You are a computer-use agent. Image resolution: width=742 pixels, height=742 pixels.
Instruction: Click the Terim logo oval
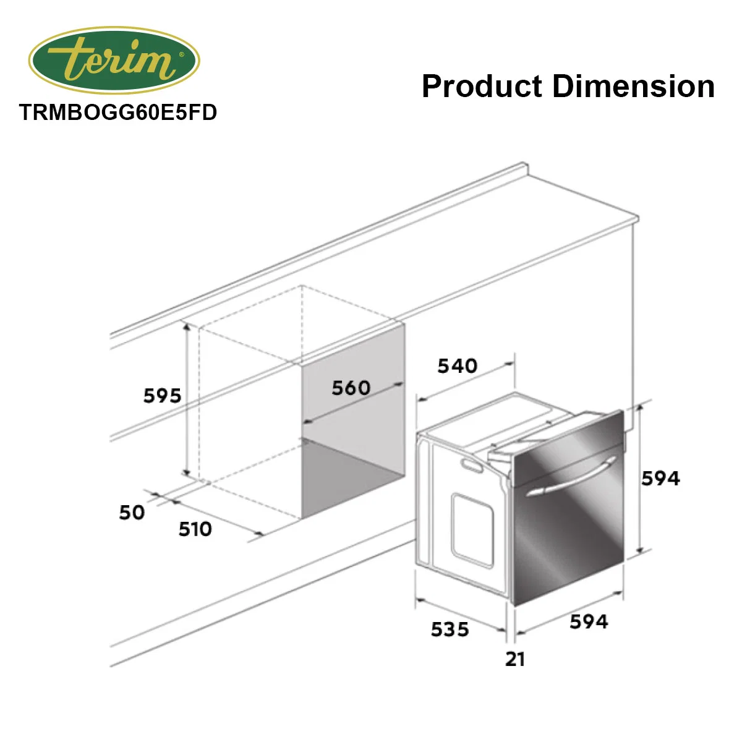click(x=114, y=60)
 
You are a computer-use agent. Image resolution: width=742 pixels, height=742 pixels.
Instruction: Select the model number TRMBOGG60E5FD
click(x=118, y=113)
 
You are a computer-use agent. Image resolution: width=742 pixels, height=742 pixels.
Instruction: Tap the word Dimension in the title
click(x=633, y=86)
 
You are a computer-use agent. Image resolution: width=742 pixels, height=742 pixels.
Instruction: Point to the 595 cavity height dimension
click(x=162, y=396)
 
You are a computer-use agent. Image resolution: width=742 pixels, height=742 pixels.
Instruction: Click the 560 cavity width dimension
click(x=351, y=387)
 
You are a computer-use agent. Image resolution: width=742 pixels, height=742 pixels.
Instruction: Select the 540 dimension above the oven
click(x=458, y=365)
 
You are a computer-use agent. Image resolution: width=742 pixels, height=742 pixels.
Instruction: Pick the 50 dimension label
click(x=132, y=513)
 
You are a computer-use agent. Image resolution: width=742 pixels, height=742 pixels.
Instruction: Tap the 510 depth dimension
click(x=195, y=529)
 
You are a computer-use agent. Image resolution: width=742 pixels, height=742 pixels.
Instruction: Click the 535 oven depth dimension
click(x=450, y=629)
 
